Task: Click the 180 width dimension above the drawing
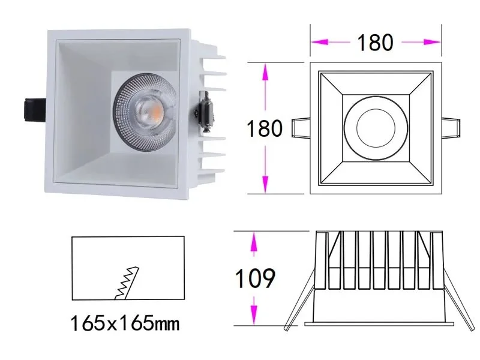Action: (x=375, y=42)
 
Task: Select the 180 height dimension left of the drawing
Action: (x=265, y=128)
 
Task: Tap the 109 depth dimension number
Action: (x=254, y=278)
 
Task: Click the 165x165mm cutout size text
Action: (x=125, y=325)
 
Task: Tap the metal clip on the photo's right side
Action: (x=205, y=112)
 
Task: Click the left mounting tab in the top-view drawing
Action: (x=300, y=128)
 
